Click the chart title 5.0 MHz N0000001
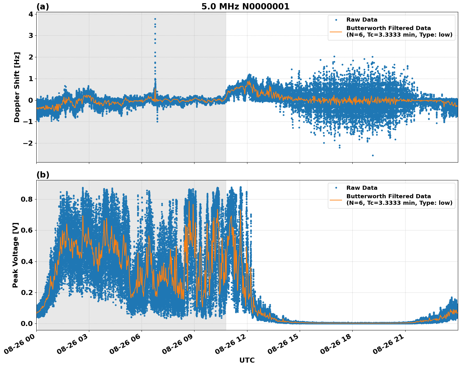tap(245, 7)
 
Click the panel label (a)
tap(43, 7)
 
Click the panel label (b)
tap(43, 175)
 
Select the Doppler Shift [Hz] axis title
tap(17, 87)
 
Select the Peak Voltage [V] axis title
tap(16, 255)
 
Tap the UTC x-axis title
tap(247, 360)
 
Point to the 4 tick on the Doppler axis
tap(31, 14)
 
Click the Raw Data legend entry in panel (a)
tap(362, 20)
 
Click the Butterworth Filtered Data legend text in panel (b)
tap(388, 196)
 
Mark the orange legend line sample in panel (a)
tap(336, 31)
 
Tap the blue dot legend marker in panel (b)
tap(336, 188)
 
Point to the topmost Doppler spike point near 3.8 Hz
tap(155, 19)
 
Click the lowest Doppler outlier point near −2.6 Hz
tap(373, 155)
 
